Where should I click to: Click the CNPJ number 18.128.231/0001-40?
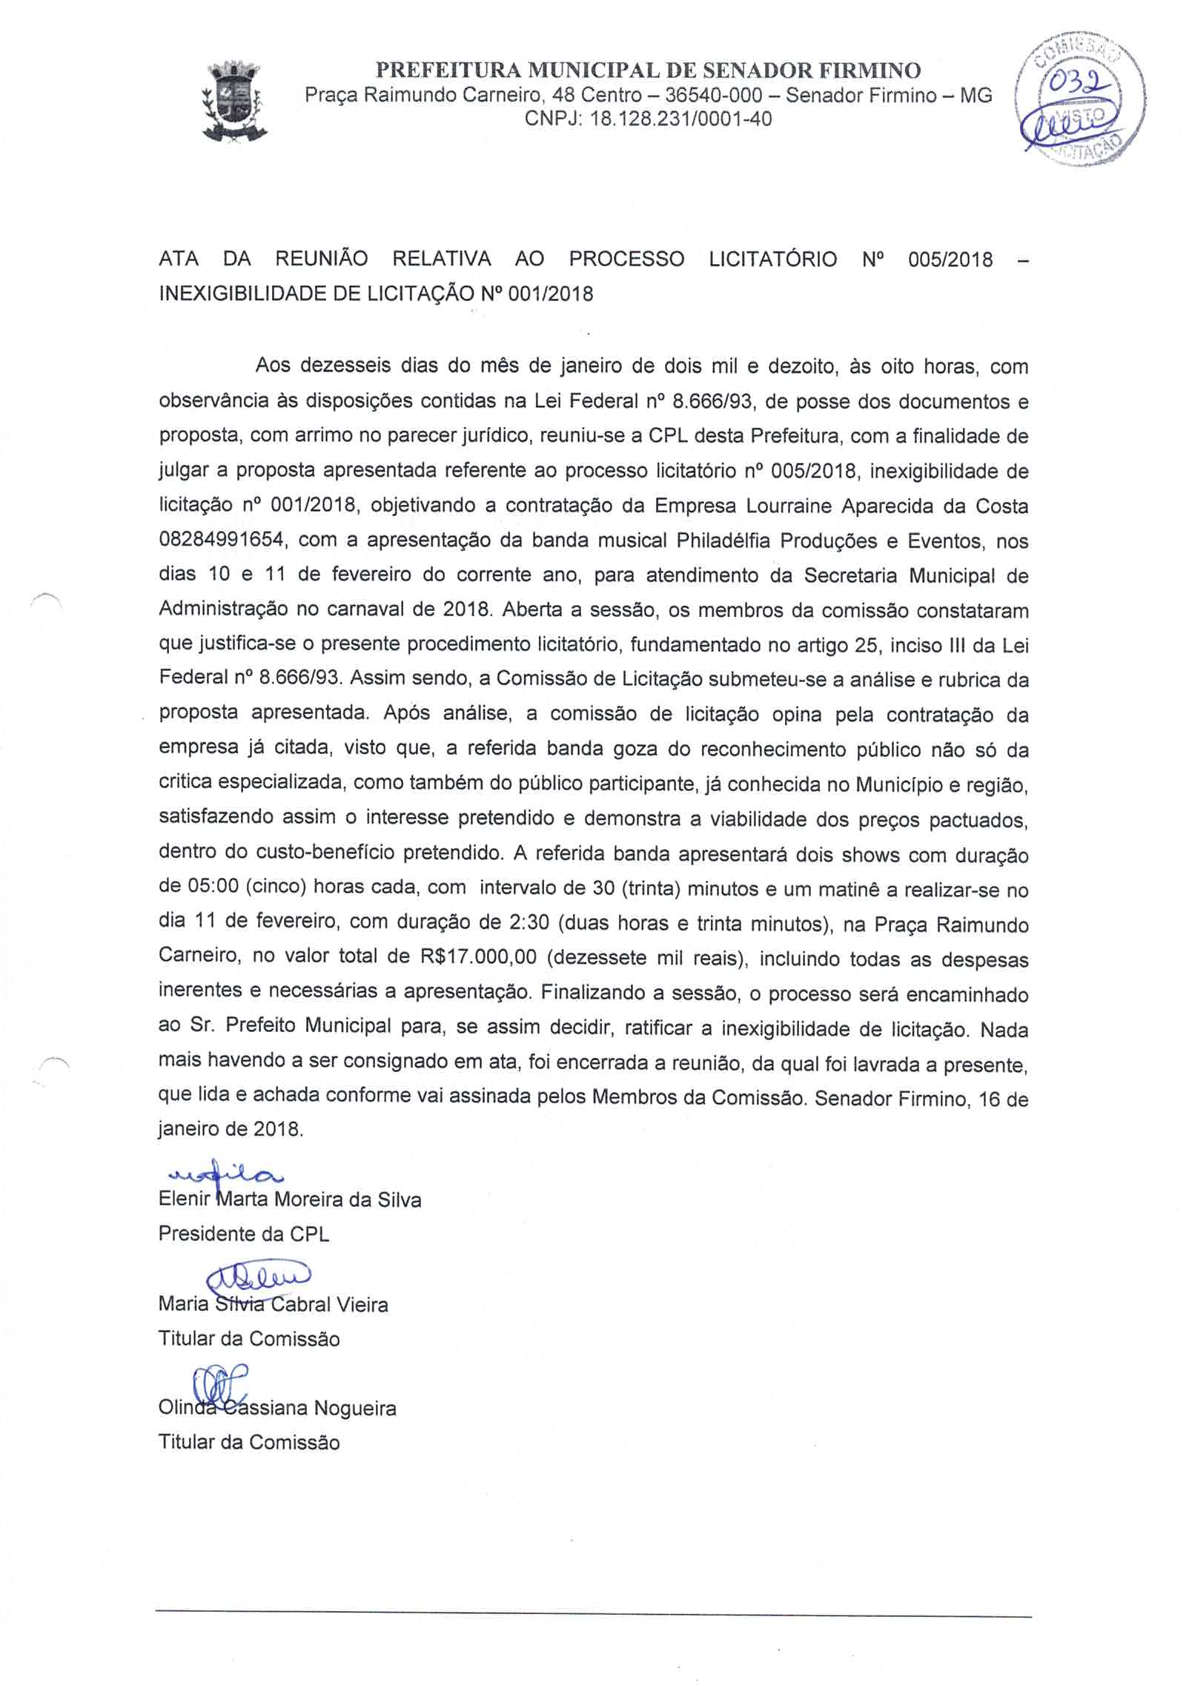coord(680,119)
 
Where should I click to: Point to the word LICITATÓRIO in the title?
coord(773,259)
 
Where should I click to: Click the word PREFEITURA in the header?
coord(449,70)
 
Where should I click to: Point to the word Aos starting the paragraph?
coord(272,366)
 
